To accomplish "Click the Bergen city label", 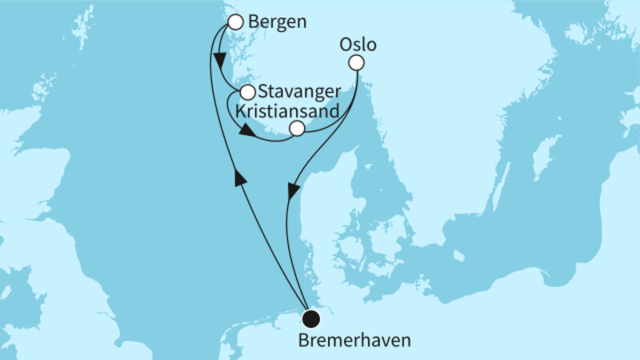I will [x=278, y=22].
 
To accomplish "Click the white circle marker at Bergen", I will [x=235, y=22].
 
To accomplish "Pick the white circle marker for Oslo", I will [x=357, y=62].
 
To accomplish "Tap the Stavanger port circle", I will [x=247, y=92].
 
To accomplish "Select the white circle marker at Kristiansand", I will [x=297, y=128].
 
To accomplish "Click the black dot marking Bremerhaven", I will [x=310, y=319].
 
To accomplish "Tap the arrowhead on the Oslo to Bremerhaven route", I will [x=294, y=191].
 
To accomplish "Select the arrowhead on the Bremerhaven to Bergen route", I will [x=239, y=181].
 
